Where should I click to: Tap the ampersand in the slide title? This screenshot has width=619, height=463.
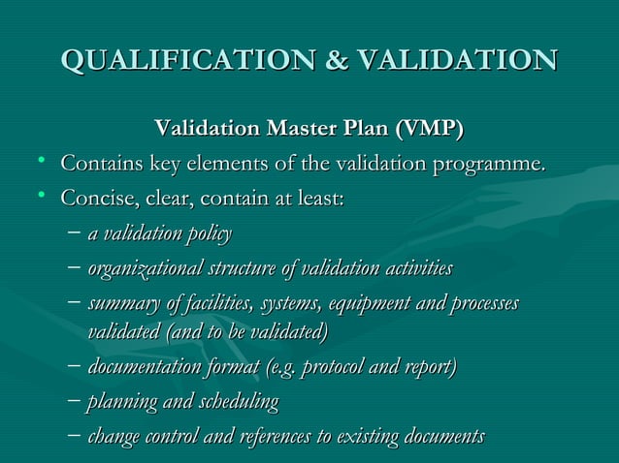(x=337, y=59)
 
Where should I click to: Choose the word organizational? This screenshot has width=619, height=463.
(x=138, y=268)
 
